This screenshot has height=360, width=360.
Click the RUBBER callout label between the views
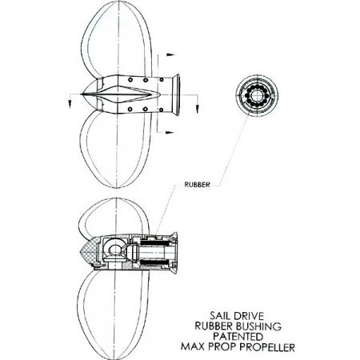pyautogui.click(x=197, y=185)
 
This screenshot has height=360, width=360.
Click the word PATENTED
pyautogui.click(x=238, y=337)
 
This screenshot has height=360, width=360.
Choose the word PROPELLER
pyautogui.click(x=267, y=347)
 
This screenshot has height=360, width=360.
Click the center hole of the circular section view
pyautogui.click(x=257, y=94)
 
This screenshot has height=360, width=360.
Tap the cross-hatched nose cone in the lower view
pyautogui.click(x=89, y=251)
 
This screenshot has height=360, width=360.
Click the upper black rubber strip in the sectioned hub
pyautogui.click(x=154, y=243)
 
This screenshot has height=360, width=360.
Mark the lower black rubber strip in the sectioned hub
pyautogui.click(x=154, y=262)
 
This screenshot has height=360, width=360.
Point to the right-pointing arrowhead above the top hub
pyautogui.click(x=170, y=54)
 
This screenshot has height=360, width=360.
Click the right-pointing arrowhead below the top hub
pyautogui.click(x=170, y=132)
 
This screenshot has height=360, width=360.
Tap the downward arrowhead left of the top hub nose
pyautogui.click(x=70, y=104)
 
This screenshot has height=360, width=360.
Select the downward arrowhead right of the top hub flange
pyautogui.click(x=198, y=109)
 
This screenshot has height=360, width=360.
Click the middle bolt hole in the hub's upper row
pyautogui.click(x=146, y=80)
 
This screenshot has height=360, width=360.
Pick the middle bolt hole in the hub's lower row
pyautogui.click(x=146, y=109)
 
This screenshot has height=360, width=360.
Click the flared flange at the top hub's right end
pyautogui.click(x=176, y=94)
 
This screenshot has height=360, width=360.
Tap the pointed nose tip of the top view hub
pyautogui.click(x=82, y=94)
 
